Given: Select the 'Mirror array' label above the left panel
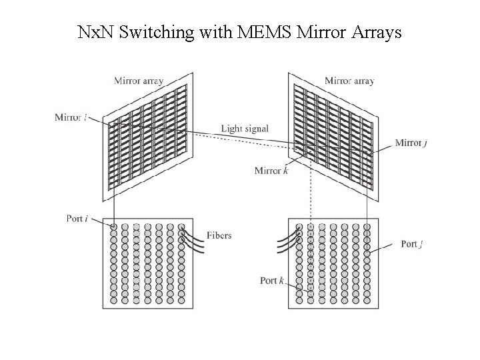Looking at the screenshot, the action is (x=139, y=81).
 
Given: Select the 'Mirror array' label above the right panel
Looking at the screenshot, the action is (x=349, y=81).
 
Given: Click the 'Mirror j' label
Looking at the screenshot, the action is (x=409, y=143).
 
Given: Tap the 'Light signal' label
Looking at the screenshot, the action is (x=245, y=129).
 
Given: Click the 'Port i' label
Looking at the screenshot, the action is (x=78, y=219).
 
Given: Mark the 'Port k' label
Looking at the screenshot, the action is (x=272, y=281).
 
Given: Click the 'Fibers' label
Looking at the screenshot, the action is (x=219, y=235).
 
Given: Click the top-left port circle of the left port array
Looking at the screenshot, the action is (x=113, y=227).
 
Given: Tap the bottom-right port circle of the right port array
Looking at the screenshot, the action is (x=367, y=300).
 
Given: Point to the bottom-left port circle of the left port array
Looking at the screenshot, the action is (x=113, y=300).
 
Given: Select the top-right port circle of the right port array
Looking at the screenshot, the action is (x=367, y=227).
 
